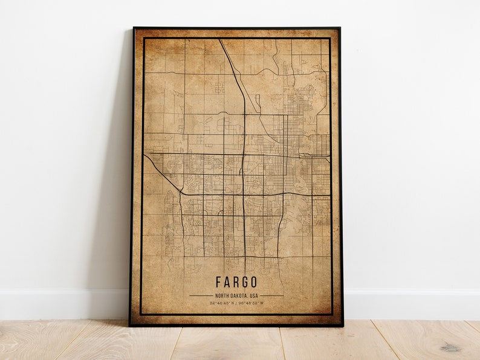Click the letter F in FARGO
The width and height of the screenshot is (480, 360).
pos(218,282)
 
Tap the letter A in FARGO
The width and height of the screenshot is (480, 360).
pos(227,282)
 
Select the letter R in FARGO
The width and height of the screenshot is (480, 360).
pos(236,282)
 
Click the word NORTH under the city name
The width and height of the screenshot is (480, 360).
pos(222,295)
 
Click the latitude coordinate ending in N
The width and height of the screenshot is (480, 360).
pos(224,302)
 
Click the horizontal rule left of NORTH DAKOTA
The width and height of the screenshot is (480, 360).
pos(201,295)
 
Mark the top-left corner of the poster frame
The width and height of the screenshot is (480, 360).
pos(134,28)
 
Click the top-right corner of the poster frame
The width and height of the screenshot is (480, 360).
pos(340,28)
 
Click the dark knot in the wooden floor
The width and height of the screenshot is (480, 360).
pos(450,347)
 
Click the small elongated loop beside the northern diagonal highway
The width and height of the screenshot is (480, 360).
pos(258,103)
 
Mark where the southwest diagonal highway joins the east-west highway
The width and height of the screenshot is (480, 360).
pos(181,192)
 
